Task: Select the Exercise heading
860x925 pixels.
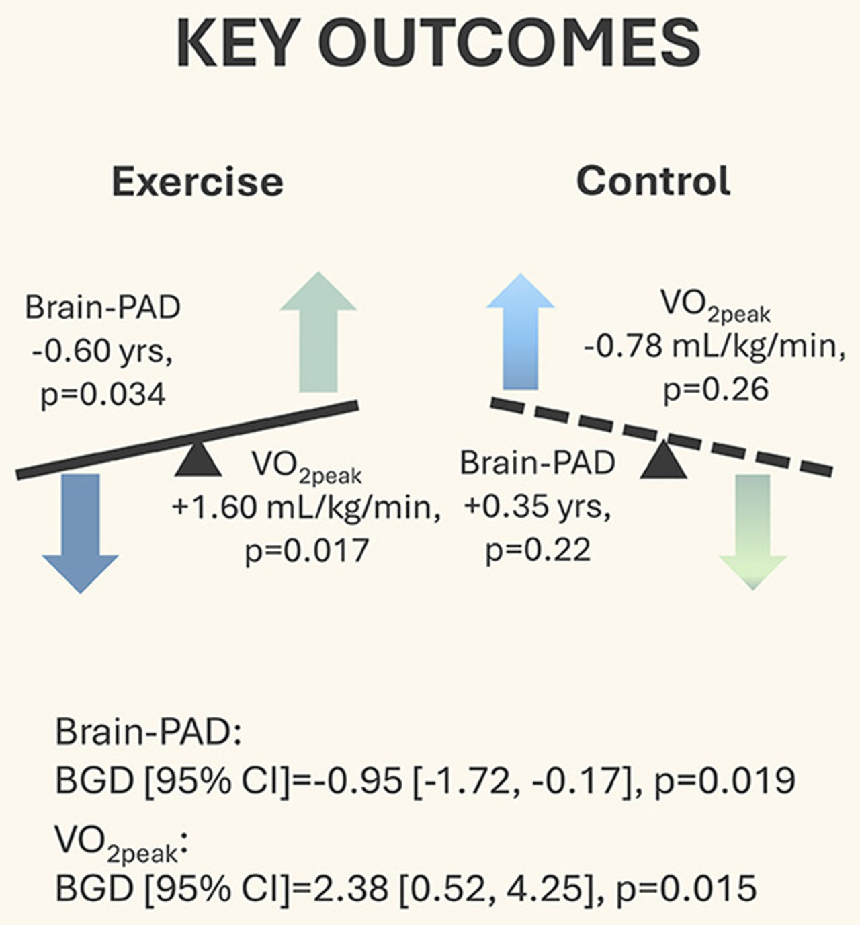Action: (x=198, y=182)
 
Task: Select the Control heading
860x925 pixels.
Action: (x=653, y=181)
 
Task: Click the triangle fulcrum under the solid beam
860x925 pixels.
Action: (x=198, y=461)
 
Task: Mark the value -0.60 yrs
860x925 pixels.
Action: (x=102, y=351)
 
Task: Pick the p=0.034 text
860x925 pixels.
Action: (x=103, y=394)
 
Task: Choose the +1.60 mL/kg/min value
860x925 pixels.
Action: (x=306, y=507)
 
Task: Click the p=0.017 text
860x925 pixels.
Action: (x=307, y=551)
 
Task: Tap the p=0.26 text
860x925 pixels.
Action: (x=716, y=390)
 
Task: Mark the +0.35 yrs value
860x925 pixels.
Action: (x=537, y=507)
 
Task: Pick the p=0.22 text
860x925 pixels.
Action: (x=538, y=550)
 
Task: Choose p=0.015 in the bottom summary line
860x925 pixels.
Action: (x=686, y=889)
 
